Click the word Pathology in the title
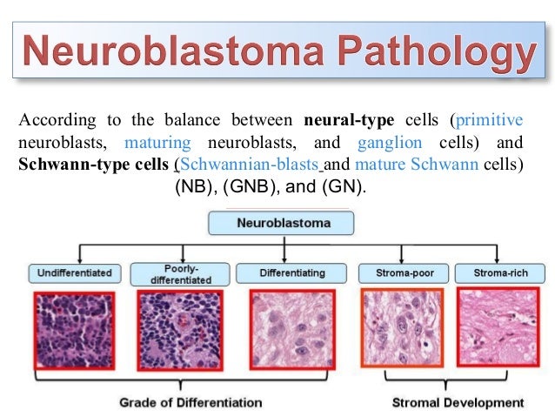(440, 54)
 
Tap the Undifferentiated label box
(74, 272)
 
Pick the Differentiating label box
(292, 272)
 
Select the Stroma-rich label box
(500, 272)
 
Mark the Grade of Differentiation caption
(191, 402)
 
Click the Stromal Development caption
(458, 402)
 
